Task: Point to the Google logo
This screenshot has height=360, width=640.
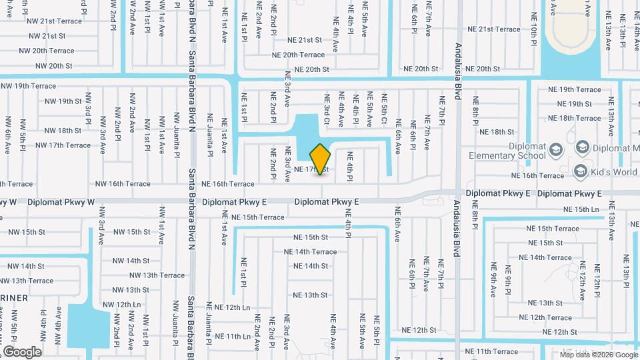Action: click(22, 352)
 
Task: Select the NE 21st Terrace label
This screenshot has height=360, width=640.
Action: click(494, 29)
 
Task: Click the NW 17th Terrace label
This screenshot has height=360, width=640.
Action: click(63, 145)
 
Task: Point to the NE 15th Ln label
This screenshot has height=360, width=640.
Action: click(581, 209)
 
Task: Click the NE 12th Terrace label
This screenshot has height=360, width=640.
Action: click(545, 317)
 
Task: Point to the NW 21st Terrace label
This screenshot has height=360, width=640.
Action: click(54, 21)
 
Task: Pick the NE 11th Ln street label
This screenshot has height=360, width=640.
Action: click(228, 337)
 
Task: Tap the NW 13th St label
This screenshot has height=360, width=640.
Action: click(131, 290)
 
